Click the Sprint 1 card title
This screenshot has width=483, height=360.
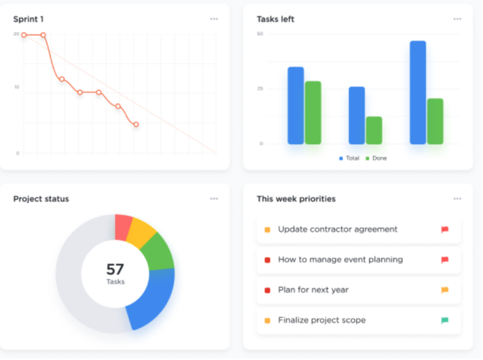tap(28, 19)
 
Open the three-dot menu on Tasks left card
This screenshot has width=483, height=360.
tap(457, 19)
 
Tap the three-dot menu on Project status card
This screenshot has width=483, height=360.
tap(214, 199)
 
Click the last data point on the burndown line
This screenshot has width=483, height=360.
tap(136, 125)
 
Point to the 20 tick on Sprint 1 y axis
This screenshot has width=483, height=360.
tap(16, 34)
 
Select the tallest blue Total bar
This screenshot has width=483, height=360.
tap(418, 93)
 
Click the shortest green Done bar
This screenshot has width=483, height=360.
tap(374, 130)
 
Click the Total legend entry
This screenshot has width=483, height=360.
tap(349, 158)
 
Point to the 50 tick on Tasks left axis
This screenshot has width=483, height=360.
tap(260, 34)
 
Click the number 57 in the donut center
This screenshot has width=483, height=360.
tap(115, 269)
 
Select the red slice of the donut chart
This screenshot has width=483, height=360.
tap(123, 227)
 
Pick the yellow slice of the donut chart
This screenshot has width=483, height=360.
tap(141, 232)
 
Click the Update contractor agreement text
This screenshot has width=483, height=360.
tap(338, 230)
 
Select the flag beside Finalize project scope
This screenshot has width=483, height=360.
tap(445, 320)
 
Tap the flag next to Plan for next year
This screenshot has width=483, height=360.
tap(445, 290)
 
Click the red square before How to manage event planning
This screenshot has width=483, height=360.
tap(267, 260)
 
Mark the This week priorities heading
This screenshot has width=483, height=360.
tap(296, 199)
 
